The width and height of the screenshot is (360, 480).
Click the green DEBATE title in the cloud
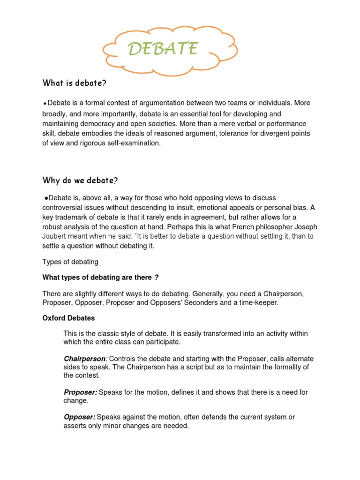[x=163, y=48]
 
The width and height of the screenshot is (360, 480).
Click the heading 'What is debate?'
[x=75, y=83]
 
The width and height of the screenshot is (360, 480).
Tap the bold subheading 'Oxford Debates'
[x=68, y=318]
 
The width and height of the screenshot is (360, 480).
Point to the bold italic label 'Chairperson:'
[x=85, y=359]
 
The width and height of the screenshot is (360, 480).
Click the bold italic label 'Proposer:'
[x=81, y=392]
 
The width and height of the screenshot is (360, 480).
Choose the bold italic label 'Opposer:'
[x=79, y=417]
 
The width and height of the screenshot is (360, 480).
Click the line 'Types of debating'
[x=70, y=262]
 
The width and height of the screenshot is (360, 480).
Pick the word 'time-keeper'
[x=259, y=303]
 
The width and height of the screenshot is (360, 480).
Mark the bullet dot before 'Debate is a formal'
[x=45, y=104]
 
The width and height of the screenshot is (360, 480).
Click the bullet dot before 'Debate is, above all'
[x=45, y=197]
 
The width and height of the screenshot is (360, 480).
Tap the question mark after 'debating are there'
[x=157, y=278]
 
